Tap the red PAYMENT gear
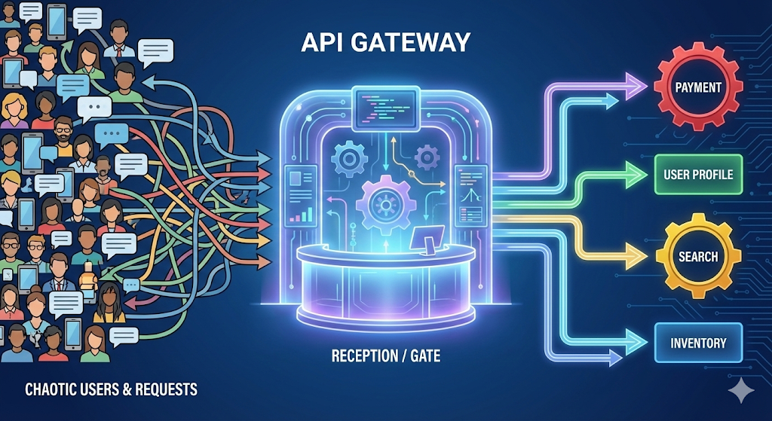(x=697, y=87)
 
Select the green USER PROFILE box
(x=697, y=175)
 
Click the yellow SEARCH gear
(x=697, y=257)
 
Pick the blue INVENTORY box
(x=698, y=343)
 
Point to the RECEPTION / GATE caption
(x=386, y=355)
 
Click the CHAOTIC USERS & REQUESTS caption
(x=112, y=389)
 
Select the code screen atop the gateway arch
(x=384, y=106)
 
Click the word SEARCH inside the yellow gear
(x=697, y=257)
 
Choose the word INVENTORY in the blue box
(x=698, y=343)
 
